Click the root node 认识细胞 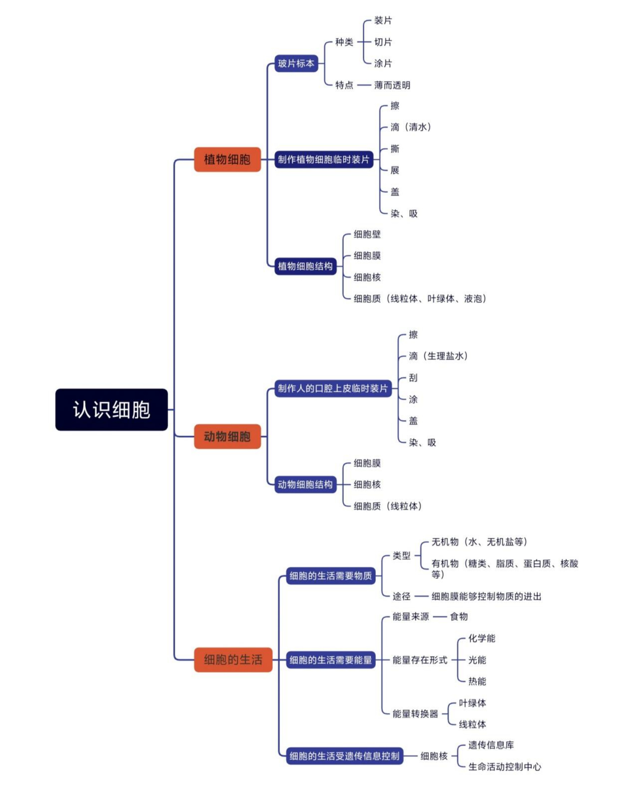coord(111,410)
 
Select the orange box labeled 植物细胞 coord(227,159)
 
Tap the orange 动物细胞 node coord(227,436)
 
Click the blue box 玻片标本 coord(296,63)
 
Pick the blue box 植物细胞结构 coord(305,266)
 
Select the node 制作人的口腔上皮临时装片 coord(333,388)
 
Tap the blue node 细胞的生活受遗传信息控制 coord(344,756)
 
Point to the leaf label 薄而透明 coord(392,85)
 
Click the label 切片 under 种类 coord(383,42)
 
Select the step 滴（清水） coord(410,127)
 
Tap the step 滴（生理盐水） coord(438,356)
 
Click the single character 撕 coord(395,148)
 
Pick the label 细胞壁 coord(367,234)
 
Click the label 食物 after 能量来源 coord(459,616)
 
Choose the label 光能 coord(477,660)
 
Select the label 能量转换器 coord(415,713)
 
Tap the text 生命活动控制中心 coord(505,767)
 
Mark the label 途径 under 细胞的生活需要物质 coord(401,596)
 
